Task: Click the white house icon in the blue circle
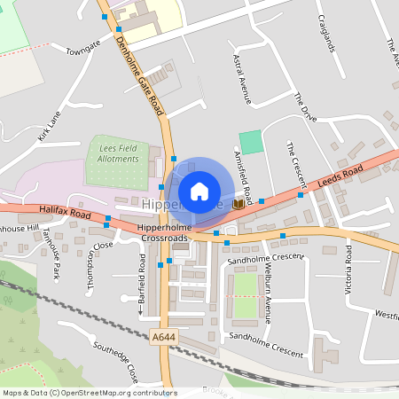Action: (x=199, y=191)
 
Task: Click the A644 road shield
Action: (x=163, y=337)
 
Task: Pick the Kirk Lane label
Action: (x=50, y=126)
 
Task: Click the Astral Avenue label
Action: (x=241, y=78)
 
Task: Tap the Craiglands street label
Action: (x=326, y=34)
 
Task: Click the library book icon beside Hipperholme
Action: (x=237, y=205)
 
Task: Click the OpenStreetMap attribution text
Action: (x=89, y=392)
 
